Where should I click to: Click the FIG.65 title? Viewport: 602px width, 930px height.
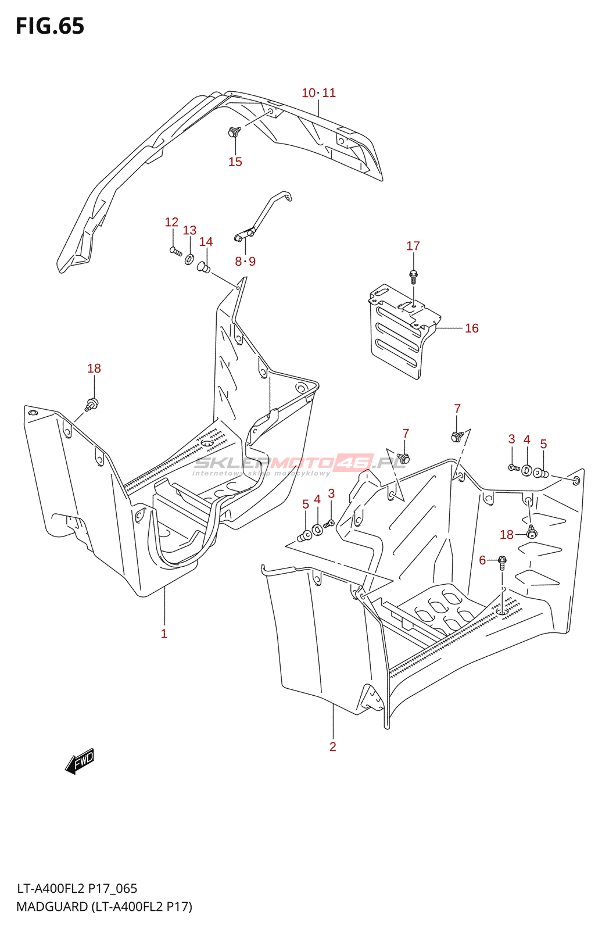coord(50,26)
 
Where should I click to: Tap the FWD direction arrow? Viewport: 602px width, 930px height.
coord(80,761)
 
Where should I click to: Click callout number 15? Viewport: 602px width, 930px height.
coord(235,162)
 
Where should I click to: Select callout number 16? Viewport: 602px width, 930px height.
coord(471,328)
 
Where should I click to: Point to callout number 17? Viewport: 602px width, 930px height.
coord(413,246)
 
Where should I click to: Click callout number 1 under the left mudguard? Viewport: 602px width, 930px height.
coord(164,634)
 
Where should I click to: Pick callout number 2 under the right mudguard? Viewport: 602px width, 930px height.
coord(332,747)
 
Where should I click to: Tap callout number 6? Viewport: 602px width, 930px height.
coord(482,560)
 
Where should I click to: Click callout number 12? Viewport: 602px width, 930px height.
coord(171,222)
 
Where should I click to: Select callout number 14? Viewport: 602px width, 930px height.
coord(206,242)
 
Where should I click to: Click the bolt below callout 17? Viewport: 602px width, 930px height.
coord(413,275)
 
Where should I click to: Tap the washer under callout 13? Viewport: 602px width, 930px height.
coord(189,258)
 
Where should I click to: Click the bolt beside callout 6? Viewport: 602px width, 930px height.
coord(502,561)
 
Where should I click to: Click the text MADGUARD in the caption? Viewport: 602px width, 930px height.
coord(52,907)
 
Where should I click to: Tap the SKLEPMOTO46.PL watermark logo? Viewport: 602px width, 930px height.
coord(299,463)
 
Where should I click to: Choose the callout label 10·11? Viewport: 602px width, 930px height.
coord(318,93)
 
